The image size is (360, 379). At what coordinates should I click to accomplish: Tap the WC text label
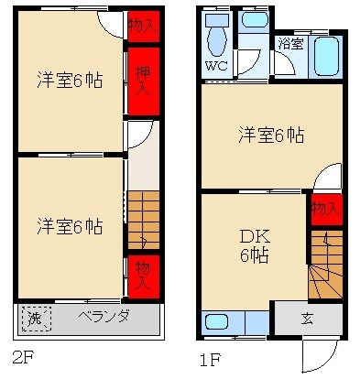216,66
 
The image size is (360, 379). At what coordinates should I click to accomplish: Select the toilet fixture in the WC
217,38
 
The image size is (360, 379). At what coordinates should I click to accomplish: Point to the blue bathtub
326,57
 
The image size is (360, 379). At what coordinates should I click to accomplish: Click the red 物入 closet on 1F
326,210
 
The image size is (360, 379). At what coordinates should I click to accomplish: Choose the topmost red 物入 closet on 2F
142,26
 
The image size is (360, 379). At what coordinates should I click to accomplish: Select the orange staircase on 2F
142,220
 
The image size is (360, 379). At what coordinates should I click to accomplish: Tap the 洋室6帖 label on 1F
271,135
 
